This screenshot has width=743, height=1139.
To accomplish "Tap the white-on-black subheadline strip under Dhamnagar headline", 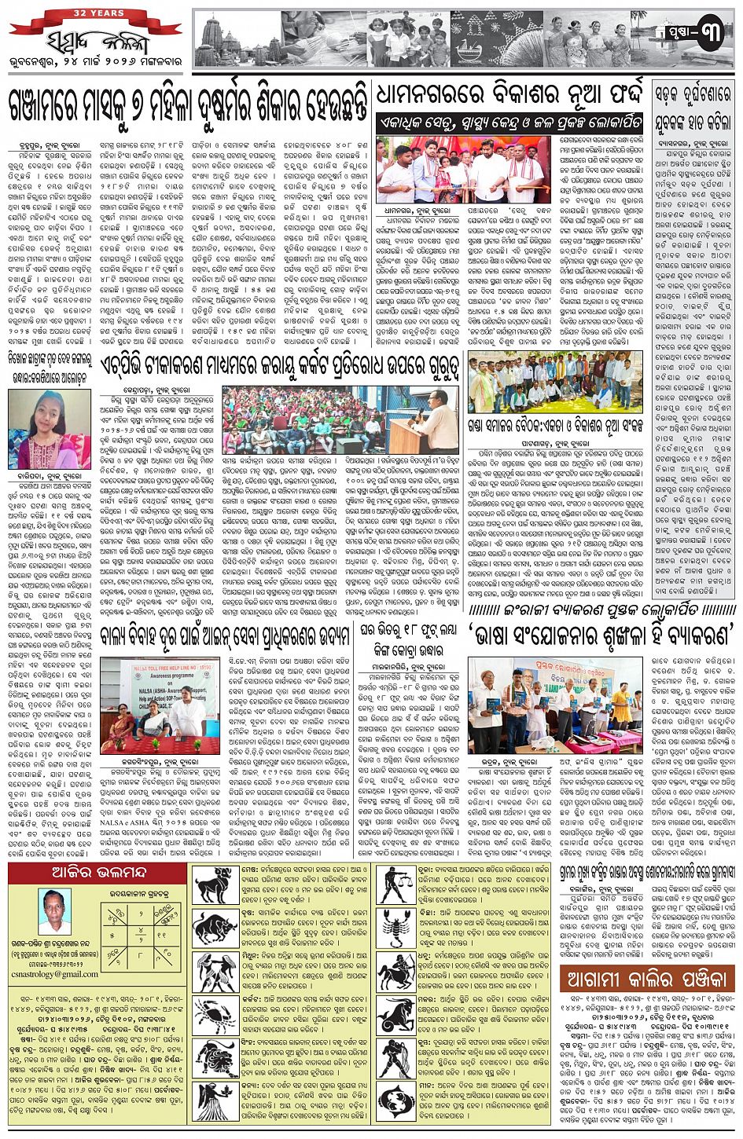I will point(510,123).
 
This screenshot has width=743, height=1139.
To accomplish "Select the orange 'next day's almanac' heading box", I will point(647,980).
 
